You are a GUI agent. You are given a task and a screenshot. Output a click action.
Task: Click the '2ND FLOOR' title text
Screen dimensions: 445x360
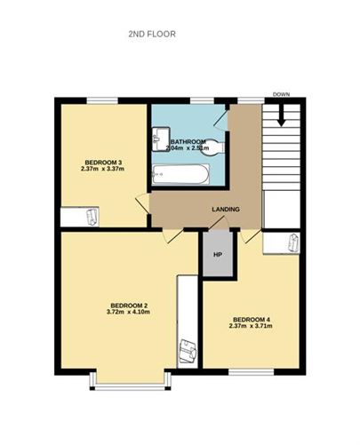pos(153,34)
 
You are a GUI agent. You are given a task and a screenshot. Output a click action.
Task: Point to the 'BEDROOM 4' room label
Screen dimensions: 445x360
pos(250,319)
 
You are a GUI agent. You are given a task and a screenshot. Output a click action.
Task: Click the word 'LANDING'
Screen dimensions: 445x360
pos(225,210)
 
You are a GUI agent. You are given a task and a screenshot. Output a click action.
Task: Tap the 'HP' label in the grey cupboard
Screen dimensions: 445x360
pos(216,256)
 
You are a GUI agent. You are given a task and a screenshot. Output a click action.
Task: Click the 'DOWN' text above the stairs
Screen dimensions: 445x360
pos(282,94)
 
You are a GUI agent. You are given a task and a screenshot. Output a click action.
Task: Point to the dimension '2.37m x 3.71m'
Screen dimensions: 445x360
pos(250,327)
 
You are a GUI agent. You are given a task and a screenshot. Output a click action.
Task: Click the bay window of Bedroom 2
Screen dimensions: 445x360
pos(130,386)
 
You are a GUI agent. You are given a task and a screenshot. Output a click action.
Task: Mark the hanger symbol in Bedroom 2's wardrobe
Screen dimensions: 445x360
pos(187,352)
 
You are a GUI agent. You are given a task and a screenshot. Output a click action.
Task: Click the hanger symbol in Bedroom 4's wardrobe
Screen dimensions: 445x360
pos(292,242)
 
